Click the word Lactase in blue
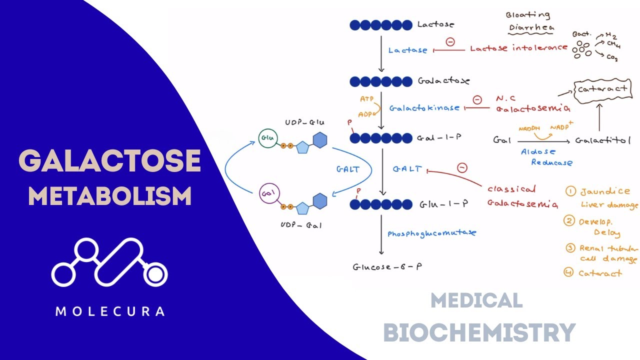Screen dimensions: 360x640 408,50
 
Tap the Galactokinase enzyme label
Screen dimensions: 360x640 424,107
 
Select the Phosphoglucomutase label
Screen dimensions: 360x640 432,232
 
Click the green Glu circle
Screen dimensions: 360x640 266,138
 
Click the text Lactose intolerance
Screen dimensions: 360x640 518,48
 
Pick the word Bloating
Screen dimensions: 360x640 527,15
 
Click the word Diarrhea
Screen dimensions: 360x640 530,28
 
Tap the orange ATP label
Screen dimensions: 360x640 367,99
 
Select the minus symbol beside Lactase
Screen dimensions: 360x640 450,42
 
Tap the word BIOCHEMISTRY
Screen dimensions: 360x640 479,332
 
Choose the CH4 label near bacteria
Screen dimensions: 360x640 613,44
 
